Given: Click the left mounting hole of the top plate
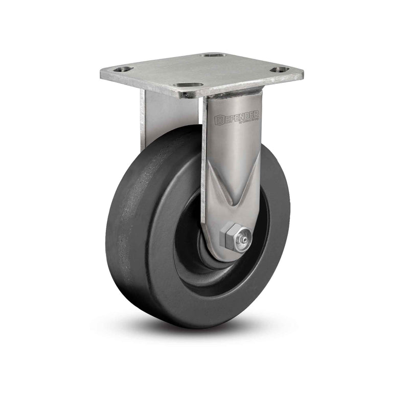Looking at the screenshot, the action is pos(123,69).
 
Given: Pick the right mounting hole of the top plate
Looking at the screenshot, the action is pos(279,70).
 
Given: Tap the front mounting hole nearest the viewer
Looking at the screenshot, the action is pos(188,84).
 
